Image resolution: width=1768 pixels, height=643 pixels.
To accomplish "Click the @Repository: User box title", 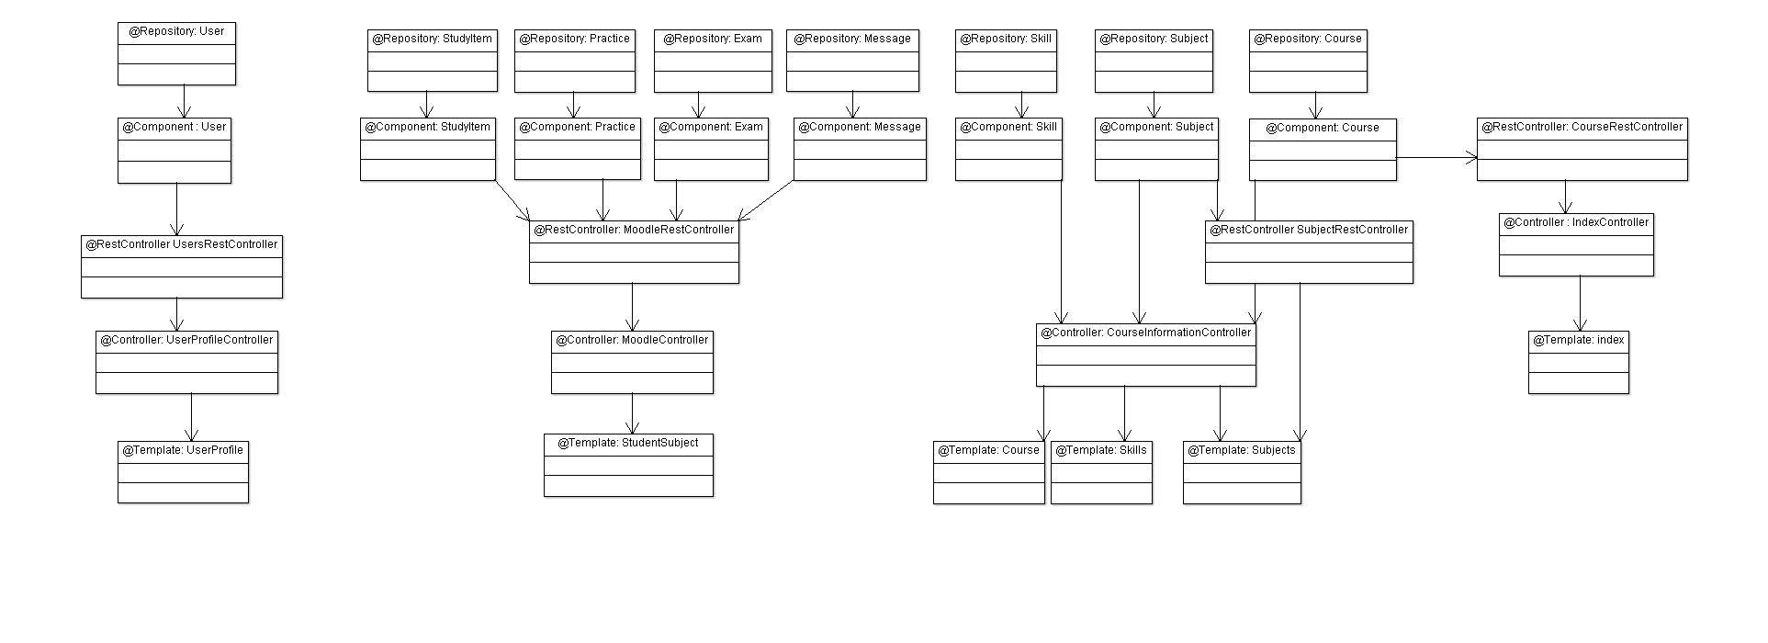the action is pyautogui.click(x=176, y=31).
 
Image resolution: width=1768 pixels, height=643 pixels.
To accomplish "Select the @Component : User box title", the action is pyautogui.click(x=175, y=127).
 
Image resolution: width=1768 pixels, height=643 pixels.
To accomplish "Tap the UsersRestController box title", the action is pyautogui.click(x=182, y=244).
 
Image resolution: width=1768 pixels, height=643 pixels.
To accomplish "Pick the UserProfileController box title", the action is pyautogui.click(x=186, y=340).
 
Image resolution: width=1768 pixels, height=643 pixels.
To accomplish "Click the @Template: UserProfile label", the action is pyautogui.click(x=183, y=450).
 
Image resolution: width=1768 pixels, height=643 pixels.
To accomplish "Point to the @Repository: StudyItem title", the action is pyautogui.click(x=432, y=39).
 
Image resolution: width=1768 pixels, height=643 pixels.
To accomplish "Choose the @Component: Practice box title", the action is pyautogui.click(x=577, y=127).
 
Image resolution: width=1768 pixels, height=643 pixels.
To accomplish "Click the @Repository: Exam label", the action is pyautogui.click(x=713, y=39).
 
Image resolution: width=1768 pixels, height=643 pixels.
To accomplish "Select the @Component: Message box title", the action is pyautogui.click(x=860, y=127).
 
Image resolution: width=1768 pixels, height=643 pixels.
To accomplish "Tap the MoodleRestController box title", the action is pyautogui.click(x=634, y=230).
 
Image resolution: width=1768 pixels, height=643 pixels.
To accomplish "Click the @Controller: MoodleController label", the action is pyautogui.click(x=632, y=340).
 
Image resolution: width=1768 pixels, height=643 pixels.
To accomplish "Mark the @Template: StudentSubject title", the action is pyautogui.click(x=628, y=443).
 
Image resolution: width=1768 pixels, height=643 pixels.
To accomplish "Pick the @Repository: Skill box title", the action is pyautogui.click(x=1006, y=39).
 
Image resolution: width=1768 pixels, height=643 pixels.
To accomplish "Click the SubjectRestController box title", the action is pyautogui.click(x=1309, y=230).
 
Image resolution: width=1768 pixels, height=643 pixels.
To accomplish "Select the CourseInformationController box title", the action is pyautogui.click(x=1146, y=333).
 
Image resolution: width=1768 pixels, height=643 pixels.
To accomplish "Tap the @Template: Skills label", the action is pyautogui.click(x=1101, y=450).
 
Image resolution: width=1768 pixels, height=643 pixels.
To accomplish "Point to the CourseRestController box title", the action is pyautogui.click(x=1582, y=127).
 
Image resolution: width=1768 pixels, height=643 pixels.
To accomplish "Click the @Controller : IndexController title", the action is pyautogui.click(x=1576, y=222).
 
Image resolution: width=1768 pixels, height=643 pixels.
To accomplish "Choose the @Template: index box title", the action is pyautogui.click(x=1579, y=340).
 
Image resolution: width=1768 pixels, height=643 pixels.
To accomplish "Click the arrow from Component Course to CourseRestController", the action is pyautogui.click(x=1437, y=158).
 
